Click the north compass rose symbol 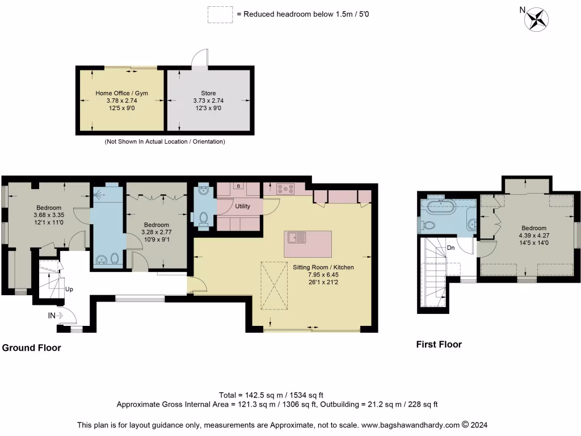537,19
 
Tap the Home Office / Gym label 121,93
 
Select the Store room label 208,93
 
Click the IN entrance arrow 59,316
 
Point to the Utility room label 243,206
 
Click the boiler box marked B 239,186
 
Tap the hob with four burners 285,188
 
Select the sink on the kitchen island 297,237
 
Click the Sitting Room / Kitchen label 323,267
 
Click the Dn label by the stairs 451,248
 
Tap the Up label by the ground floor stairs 69,289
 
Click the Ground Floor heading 32,348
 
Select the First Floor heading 439,345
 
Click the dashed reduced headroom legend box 220,15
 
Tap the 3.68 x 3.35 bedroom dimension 49,215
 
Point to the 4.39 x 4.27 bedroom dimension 534,236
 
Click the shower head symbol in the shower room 98,194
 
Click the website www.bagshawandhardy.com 410,425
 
